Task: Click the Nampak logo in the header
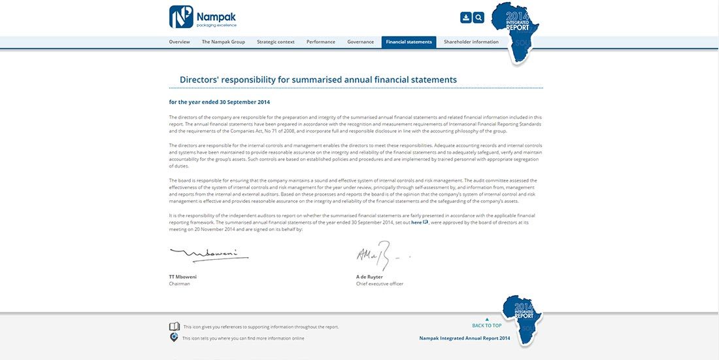click(x=203, y=17)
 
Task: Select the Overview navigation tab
click(x=179, y=42)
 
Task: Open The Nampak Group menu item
click(x=224, y=42)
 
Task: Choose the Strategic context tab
click(x=276, y=42)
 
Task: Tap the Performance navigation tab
click(x=321, y=42)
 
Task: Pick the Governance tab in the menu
click(x=361, y=42)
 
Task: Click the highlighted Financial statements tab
click(x=409, y=42)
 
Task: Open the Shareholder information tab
click(x=471, y=42)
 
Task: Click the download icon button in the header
click(x=466, y=18)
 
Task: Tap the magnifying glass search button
click(x=478, y=18)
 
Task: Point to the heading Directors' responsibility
click(x=318, y=80)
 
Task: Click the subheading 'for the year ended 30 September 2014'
click(x=220, y=102)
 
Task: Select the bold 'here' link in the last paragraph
click(x=416, y=223)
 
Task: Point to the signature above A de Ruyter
click(x=379, y=255)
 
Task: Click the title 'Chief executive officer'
click(x=380, y=284)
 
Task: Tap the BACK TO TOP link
click(x=487, y=325)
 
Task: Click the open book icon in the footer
click(x=175, y=327)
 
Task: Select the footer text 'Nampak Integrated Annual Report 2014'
click(x=465, y=338)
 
